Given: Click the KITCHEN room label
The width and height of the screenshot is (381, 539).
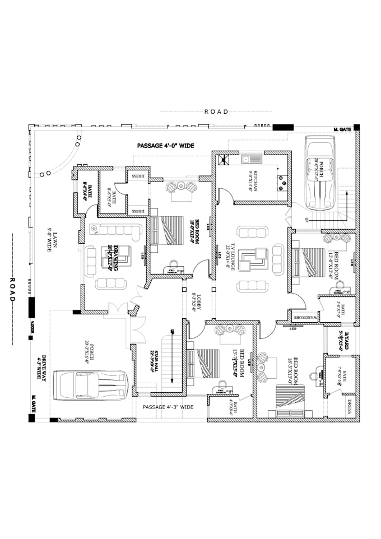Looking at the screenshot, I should (x=253, y=181).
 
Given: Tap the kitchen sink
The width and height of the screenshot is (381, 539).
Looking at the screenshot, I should (x=247, y=158).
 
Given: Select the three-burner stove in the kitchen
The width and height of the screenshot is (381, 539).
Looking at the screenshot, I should (x=280, y=180).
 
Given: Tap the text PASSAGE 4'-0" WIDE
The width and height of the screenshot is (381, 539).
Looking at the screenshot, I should (x=166, y=145).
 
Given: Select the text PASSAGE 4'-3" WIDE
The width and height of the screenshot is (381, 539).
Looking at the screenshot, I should (x=168, y=407).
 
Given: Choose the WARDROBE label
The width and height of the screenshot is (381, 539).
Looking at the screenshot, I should (x=305, y=318).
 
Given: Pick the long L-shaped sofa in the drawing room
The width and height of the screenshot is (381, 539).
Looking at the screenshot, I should (x=119, y=230).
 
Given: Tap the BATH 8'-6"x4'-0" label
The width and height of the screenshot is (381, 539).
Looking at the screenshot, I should (x=88, y=188).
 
